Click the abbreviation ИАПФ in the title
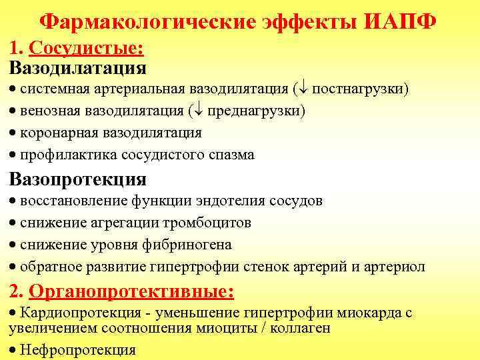[401, 21]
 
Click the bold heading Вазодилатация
[78, 68]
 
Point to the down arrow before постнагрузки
[302, 89]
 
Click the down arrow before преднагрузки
[198, 111]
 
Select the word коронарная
[57, 132]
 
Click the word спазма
[231, 155]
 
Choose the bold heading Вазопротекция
[78, 179]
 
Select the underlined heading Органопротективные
[132, 291]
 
